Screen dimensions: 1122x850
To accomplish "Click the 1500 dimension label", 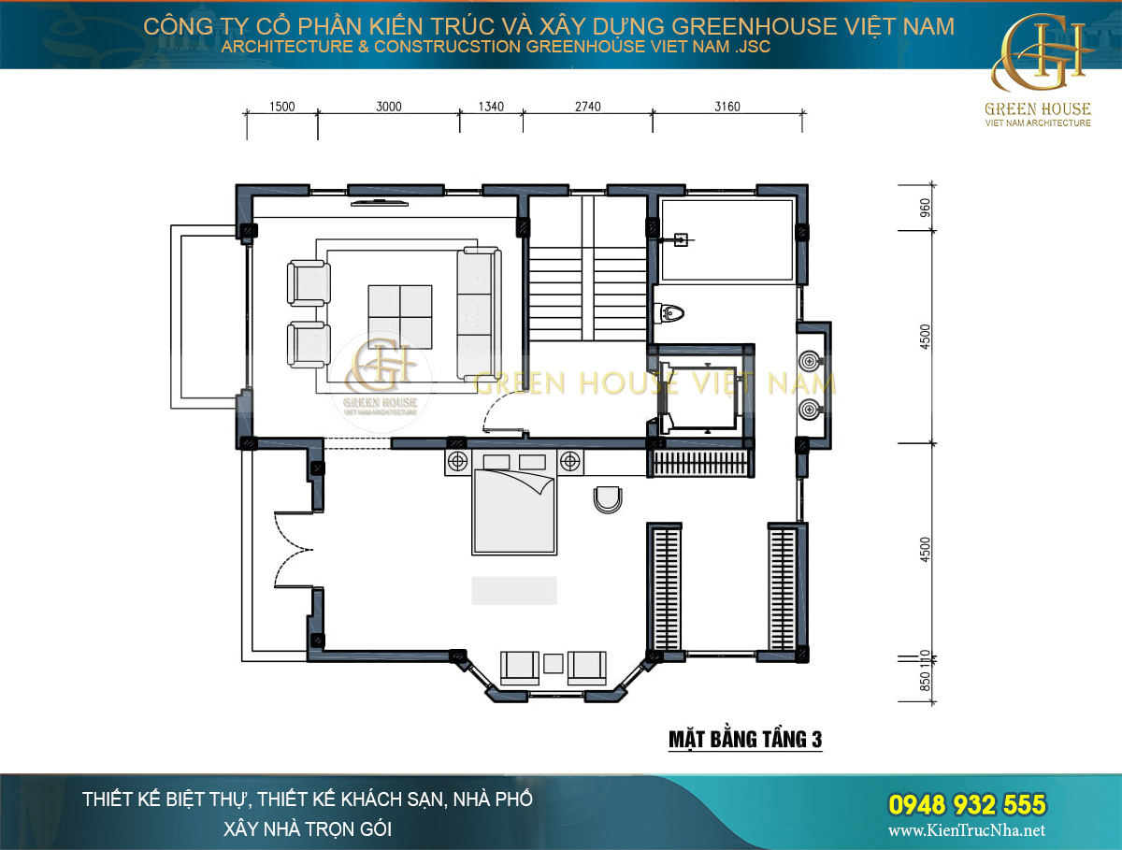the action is point(282,107).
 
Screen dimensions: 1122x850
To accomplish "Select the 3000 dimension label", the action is point(388,107).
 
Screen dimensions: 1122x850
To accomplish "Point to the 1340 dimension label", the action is point(491,107).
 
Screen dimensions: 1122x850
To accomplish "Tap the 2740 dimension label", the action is point(588,107).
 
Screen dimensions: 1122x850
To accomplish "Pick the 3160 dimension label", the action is point(726,107).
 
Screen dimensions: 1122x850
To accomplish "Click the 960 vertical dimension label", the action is point(926,207).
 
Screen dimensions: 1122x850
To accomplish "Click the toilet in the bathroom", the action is point(669,313).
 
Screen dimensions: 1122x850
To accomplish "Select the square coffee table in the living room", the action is point(400,317).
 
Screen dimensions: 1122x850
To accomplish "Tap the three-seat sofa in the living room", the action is point(479,314).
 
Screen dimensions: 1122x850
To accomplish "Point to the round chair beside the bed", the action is point(608,499).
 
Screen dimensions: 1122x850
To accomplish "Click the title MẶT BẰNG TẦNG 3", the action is point(745,739).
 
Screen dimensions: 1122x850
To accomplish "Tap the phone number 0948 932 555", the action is point(967,804).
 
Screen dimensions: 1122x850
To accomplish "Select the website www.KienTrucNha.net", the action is point(967,830).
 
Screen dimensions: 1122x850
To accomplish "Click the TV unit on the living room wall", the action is point(380,203).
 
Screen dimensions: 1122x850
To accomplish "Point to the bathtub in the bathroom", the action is point(726,240).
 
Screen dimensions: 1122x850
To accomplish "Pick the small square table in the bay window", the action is point(554,664).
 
